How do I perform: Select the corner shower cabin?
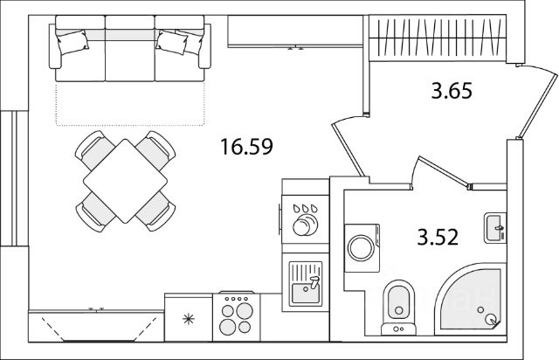point(472,301)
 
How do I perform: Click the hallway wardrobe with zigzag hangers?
point(437,38)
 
